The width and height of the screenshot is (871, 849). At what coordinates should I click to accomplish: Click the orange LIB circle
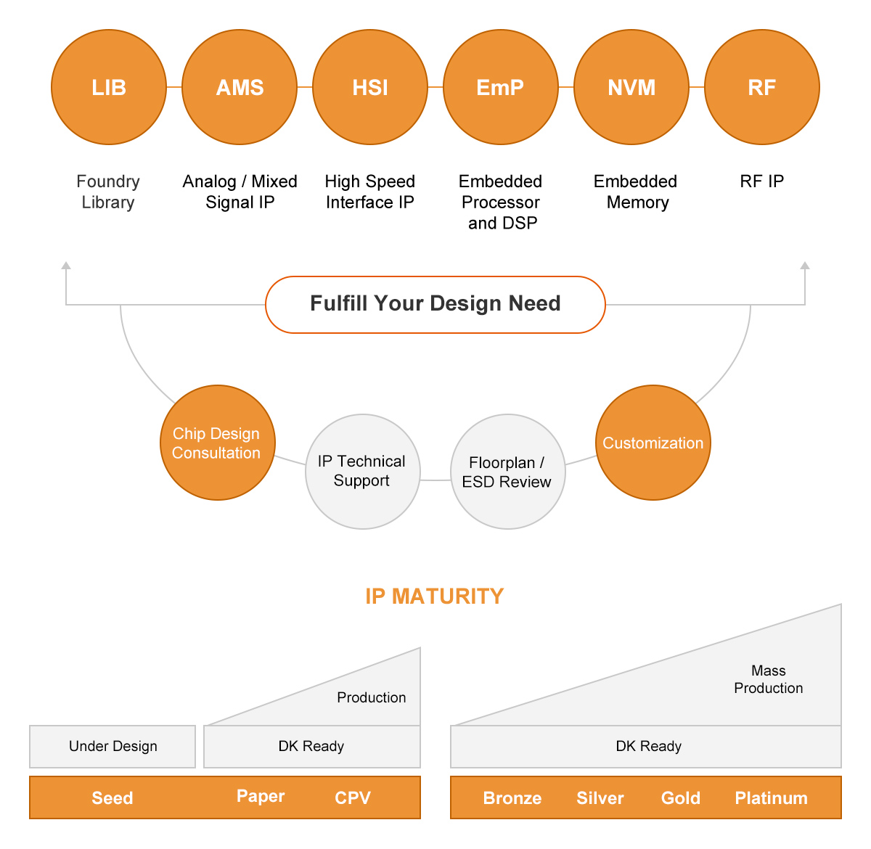pos(109,87)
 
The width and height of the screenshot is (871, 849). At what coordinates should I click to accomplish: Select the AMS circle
pos(240,87)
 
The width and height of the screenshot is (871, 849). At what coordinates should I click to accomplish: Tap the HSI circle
pos(370,87)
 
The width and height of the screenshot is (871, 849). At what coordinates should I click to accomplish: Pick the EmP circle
pos(501,87)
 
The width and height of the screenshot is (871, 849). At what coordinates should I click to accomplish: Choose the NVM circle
pos(631,87)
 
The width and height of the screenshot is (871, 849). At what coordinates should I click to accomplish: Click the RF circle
pos(762,87)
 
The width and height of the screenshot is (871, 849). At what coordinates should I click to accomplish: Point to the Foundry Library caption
pos(108,192)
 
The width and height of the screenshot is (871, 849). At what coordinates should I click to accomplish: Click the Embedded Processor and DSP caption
pos(501,202)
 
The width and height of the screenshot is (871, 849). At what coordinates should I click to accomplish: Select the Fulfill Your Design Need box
pos(435,304)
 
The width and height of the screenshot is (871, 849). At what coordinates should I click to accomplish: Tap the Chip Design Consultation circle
pos(217,443)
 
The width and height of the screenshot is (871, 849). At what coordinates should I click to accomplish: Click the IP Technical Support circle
pos(362,471)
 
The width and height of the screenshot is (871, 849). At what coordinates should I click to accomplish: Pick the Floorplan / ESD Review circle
pos(507,472)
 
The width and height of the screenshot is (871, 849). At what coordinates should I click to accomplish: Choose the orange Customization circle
pos(653,443)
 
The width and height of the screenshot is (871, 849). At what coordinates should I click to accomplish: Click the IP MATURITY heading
pos(434,596)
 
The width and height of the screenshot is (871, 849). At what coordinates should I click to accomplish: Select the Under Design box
pos(113,746)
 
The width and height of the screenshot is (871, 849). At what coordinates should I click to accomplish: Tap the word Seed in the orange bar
pos(113,798)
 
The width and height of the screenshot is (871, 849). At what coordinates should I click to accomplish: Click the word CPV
pos(353,798)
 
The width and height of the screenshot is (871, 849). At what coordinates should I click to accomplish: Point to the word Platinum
pos(771,798)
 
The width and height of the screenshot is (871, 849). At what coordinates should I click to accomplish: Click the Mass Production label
pos(768,679)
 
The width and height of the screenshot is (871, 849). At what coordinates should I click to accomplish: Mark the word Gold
pos(681,798)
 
